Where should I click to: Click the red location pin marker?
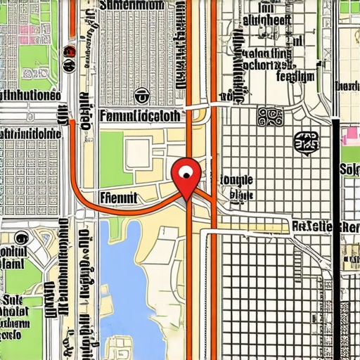[x=186, y=176]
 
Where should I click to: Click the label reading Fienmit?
[x=119, y=198]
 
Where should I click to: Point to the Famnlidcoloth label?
[x=141, y=116]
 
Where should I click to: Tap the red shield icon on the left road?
[x=69, y=51]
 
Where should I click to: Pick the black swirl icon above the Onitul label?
[x=19, y=238]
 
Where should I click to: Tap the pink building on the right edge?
[x=349, y=135]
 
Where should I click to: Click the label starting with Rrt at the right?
[x=323, y=226]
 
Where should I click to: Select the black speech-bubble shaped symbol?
[x=305, y=143]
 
